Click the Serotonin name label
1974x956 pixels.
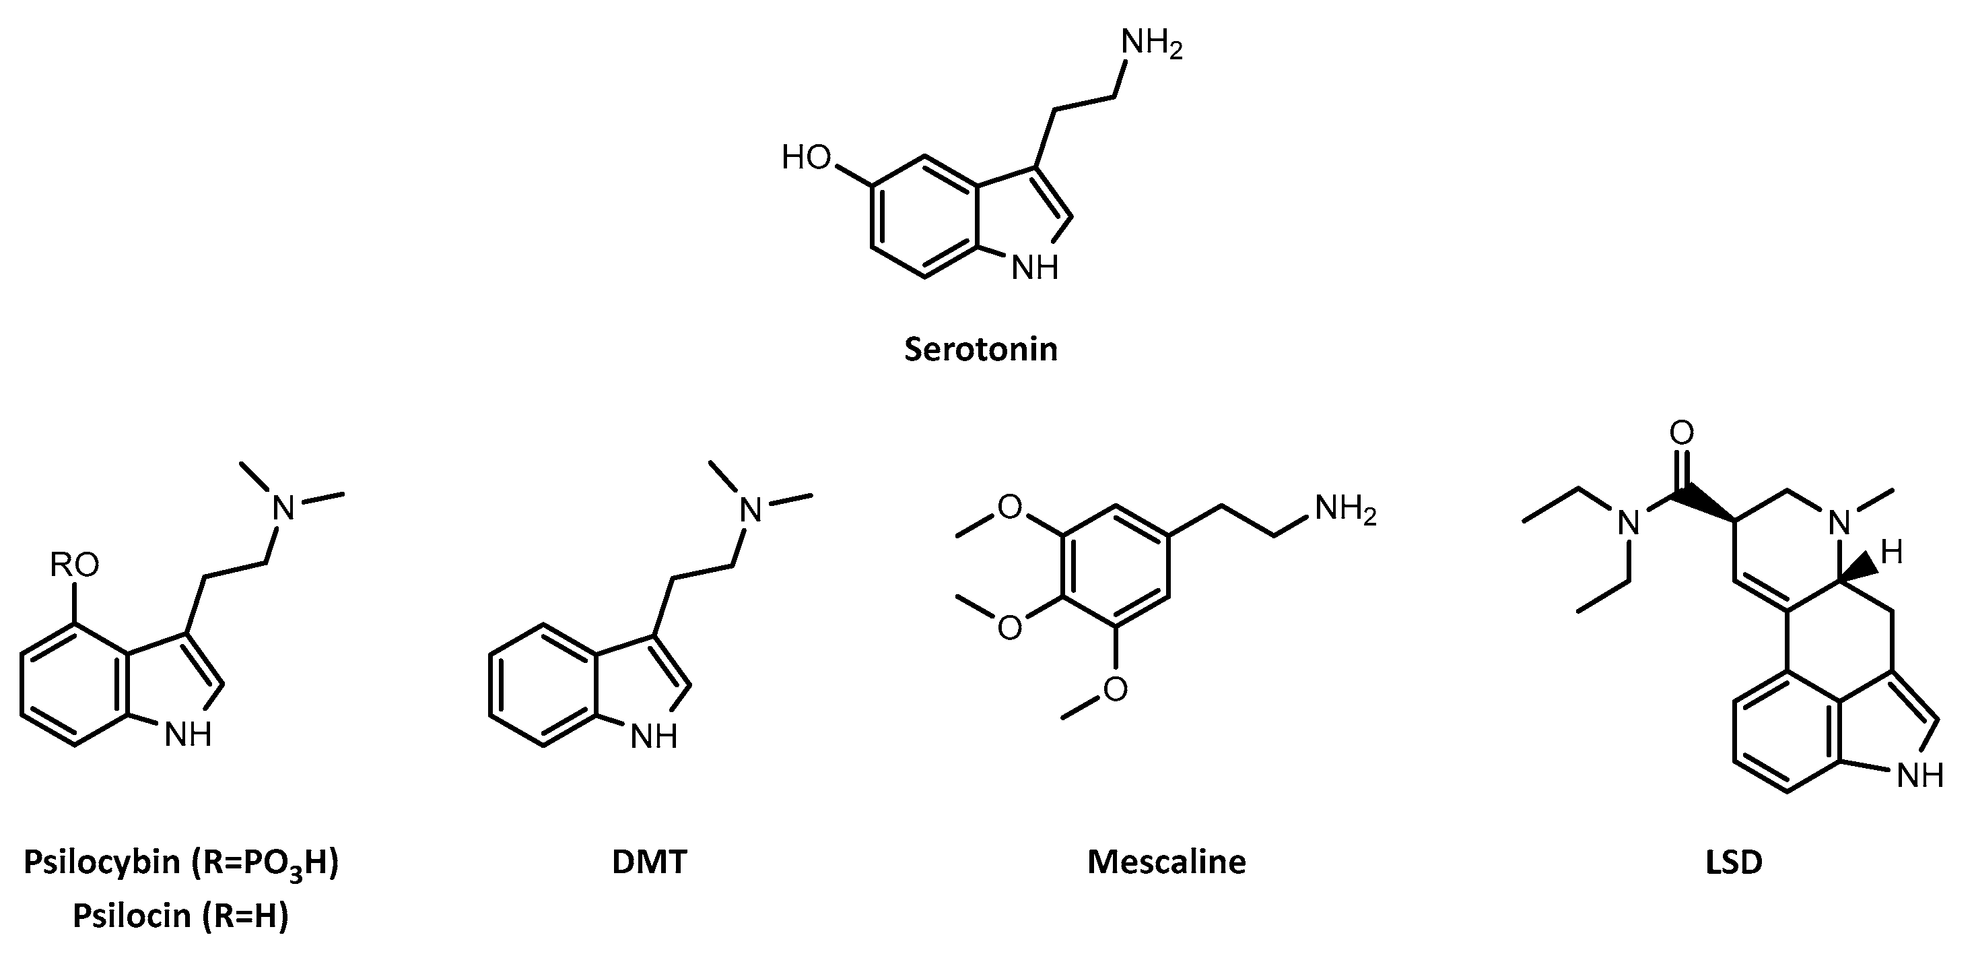pyautogui.click(x=981, y=350)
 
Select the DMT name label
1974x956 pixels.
pyautogui.click(x=649, y=862)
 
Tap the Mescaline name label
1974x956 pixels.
pyautogui.click(x=1166, y=862)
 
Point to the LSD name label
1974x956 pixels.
pyautogui.click(x=1734, y=862)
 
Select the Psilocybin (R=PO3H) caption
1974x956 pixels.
pyautogui.click(x=181, y=863)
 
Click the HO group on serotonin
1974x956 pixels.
pyautogui.click(x=806, y=158)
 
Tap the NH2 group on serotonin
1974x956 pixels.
pyautogui.click(x=1152, y=44)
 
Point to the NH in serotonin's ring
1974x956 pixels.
pyautogui.click(x=1035, y=267)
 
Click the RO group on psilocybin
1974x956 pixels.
pyautogui.click(x=74, y=566)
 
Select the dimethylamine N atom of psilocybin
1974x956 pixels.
pyautogui.click(x=284, y=508)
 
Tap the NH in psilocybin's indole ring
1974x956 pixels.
pyautogui.click(x=189, y=735)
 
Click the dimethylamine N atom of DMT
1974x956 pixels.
pyautogui.click(x=753, y=510)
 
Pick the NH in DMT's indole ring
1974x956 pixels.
pyautogui.click(x=654, y=738)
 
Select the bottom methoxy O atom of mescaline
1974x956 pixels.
pyautogui.click(x=1116, y=689)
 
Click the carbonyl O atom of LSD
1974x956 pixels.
pyautogui.click(x=1681, y=433)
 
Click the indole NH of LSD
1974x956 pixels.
pyautogui.click(x=1919, y=777)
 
